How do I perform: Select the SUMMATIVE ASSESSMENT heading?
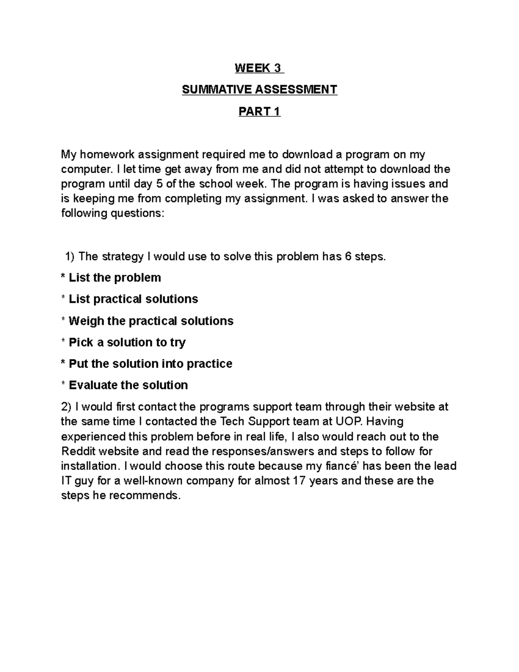click(x=259, y=90)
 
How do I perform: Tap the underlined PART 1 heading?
click(x=259, y=112)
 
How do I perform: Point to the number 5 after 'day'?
click(x=159, y=184)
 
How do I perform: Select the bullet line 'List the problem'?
click(x=115, y=278)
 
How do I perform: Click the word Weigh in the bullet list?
click(x=86, y=321)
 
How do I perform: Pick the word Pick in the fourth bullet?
click(x=81, y=343)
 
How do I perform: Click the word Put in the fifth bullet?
click(x=78, y=364)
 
